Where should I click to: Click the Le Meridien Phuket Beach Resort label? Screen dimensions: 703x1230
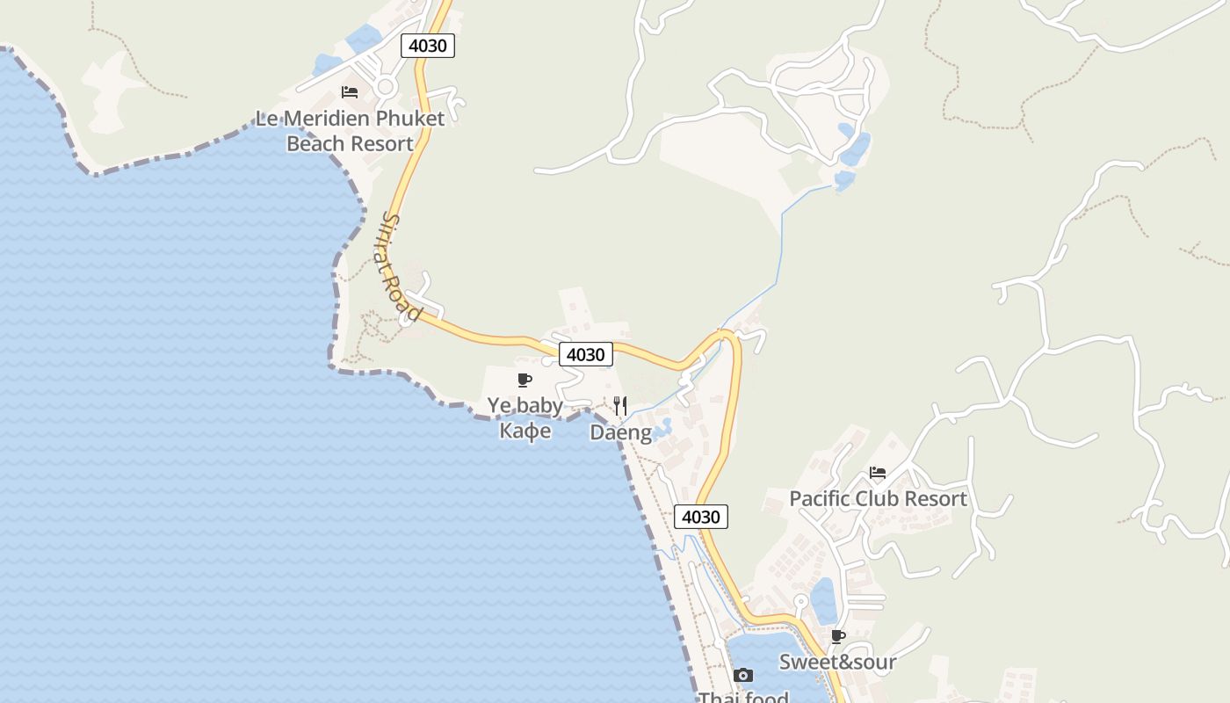350,131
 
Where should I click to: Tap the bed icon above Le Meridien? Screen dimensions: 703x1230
350,92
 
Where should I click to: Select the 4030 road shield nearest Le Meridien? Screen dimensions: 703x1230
428,45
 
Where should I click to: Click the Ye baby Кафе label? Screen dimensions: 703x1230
525,417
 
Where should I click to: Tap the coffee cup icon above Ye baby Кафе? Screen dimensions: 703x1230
525,380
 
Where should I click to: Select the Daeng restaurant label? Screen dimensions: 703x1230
620,432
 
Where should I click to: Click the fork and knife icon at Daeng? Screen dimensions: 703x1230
620,405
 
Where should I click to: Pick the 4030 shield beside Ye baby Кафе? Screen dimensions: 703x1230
586,354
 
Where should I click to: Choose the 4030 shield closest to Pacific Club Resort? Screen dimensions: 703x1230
701,517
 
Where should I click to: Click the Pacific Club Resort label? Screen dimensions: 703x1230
878,498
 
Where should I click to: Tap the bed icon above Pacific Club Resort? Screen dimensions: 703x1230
878,473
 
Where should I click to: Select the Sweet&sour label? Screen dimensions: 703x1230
837,662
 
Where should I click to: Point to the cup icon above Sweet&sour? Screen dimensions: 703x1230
838,636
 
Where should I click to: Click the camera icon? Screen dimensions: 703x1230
743,675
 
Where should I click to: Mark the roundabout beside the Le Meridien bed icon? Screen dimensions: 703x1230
385,86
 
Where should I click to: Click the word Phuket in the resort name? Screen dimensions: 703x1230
410,118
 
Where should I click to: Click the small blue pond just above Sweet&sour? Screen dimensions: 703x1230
823,600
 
